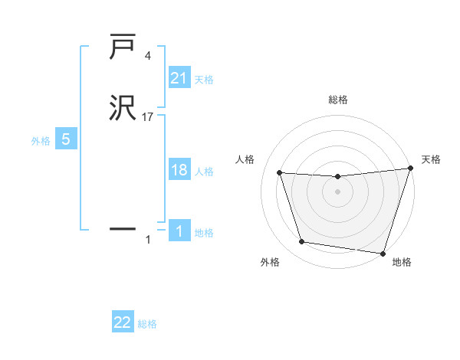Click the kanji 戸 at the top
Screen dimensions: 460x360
click(123, 48)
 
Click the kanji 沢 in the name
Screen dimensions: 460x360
click(123, 108)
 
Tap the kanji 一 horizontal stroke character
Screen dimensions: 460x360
click(123, 228)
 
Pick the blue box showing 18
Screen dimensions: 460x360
click(179, 170)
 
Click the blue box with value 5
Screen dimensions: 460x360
click(66, 139)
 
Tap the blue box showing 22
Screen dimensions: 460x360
click(123, 322)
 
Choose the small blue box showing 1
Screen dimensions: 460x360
click(179, 231)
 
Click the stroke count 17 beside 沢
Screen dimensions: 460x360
click(148, 117)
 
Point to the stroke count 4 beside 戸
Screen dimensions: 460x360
click(148, 56)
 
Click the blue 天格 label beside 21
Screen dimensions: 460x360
click(204, 79)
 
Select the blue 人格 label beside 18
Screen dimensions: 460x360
click(204, 172)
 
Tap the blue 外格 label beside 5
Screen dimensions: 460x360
click(41, 141)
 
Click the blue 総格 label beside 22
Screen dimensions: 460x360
click(147, 324)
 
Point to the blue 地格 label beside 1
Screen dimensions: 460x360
click(204, 233)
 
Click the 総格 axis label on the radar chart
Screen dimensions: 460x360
click(337, 100)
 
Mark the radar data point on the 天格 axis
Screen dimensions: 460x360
click(410, 169)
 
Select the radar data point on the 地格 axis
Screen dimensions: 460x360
click(383, 253)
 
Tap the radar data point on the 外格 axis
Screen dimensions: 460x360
click(302, 242)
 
